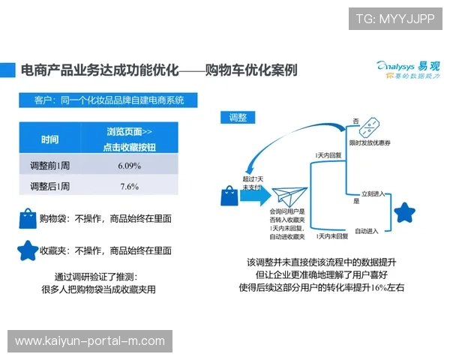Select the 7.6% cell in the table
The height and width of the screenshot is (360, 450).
coord(129,186)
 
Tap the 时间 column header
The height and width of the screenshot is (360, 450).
coord(50,139)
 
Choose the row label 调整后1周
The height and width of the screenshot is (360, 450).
coord(49,186)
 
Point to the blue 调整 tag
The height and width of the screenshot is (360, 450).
coord(237,118)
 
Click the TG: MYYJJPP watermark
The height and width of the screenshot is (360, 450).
coord(394,19)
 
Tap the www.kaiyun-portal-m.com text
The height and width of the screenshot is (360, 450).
coord(90,341)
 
